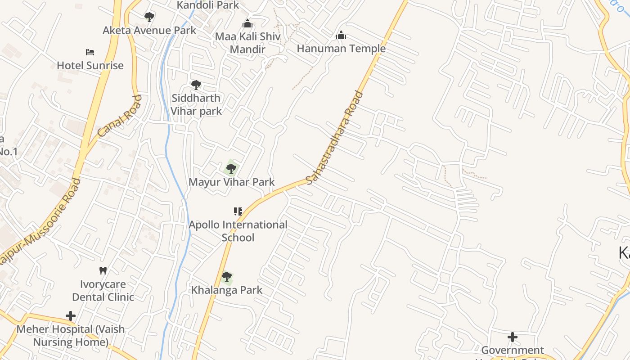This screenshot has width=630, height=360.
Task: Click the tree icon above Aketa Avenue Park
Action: [x=149, y=17]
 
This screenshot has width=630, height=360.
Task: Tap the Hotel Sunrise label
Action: [x=90, y=65]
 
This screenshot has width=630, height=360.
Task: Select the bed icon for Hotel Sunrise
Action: [x=90, y=52]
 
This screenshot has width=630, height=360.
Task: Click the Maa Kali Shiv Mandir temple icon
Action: [x=247, y=23]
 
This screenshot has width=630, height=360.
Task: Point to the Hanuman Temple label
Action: [x=341, y=49]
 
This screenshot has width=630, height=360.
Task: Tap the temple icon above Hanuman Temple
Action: [x=341, y=35]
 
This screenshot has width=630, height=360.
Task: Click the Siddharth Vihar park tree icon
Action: [x=196, y=85]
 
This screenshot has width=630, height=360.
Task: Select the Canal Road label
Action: [x=119, y=116]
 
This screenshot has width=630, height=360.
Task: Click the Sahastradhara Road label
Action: [x=334, y=137]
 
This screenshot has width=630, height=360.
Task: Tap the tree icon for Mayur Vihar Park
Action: [x=231, y=169]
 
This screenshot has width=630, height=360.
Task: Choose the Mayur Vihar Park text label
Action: [x=231, y=182]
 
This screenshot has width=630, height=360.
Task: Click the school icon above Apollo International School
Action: [x=238, y=211]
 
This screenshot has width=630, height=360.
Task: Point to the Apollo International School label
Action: [x=238, y=231]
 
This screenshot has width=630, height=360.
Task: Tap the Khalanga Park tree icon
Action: [x=227, y=277]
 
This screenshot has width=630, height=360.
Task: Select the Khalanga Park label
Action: [x=227, y=290]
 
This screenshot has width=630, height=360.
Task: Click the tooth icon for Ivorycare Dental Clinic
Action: [x=103, y=270]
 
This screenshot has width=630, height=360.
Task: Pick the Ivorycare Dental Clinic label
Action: [x=103, y=291]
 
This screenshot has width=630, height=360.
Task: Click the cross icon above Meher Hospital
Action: [x=71, y=316]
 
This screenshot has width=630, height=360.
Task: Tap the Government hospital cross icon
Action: [x=512, y=337]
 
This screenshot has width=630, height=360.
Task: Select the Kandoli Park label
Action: [x=208, y=5]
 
